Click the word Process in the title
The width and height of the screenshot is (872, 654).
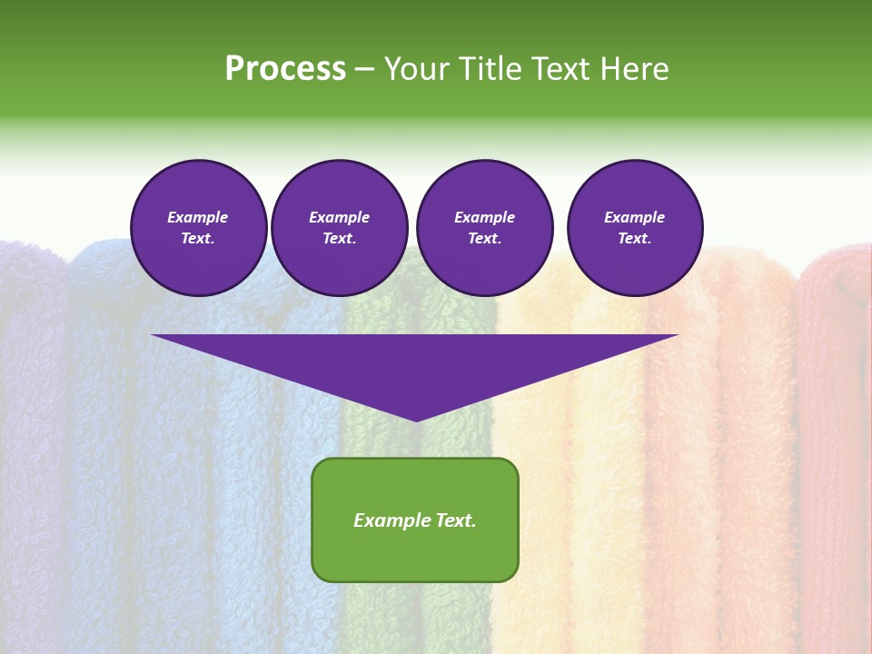[x=285, y=69]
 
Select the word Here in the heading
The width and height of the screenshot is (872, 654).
[x=632, y=69]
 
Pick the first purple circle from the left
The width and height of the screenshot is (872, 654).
[x=198, y=228]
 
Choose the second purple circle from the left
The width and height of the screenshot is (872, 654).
[x=339, y=228]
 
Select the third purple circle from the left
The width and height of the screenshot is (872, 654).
[x=484, y=228]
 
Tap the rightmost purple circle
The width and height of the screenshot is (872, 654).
[x=634, y=228]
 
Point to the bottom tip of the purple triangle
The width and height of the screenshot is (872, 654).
[x=416, y=420]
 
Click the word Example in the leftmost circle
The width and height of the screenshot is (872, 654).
[x=198, y=218]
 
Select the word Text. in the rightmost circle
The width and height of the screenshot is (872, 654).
[x=634, y=239]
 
